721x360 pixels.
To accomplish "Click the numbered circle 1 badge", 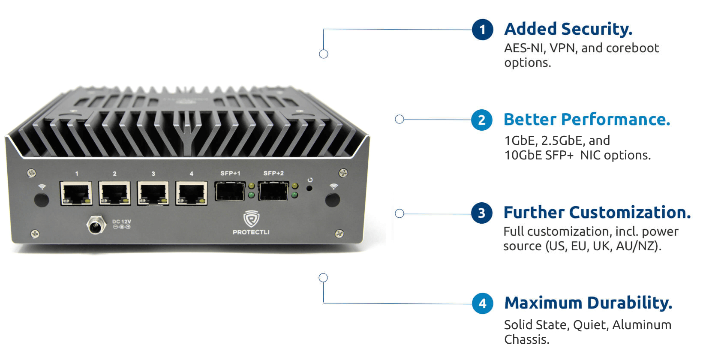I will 482,30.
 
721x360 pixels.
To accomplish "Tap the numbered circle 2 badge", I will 482,120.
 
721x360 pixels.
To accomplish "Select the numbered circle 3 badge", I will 482,213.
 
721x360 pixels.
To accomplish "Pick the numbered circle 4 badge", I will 483,303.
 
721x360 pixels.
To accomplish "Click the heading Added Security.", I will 568,29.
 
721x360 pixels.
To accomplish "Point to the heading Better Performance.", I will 586,120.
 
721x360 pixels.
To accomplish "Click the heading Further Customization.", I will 597,213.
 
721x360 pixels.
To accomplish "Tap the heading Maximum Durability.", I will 588,303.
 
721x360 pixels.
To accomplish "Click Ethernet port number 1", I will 76,193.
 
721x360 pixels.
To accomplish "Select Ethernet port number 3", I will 153,193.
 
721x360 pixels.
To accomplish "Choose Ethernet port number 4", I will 191,193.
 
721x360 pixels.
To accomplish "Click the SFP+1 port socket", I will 230,191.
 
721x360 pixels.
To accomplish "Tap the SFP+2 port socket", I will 273,191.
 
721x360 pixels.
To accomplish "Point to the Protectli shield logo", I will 251,219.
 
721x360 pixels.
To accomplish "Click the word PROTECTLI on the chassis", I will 251,232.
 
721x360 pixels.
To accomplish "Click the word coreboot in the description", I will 632,48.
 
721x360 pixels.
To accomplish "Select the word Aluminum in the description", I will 641,325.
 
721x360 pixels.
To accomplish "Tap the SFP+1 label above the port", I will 230,173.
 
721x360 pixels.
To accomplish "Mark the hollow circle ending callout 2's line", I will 400,119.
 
